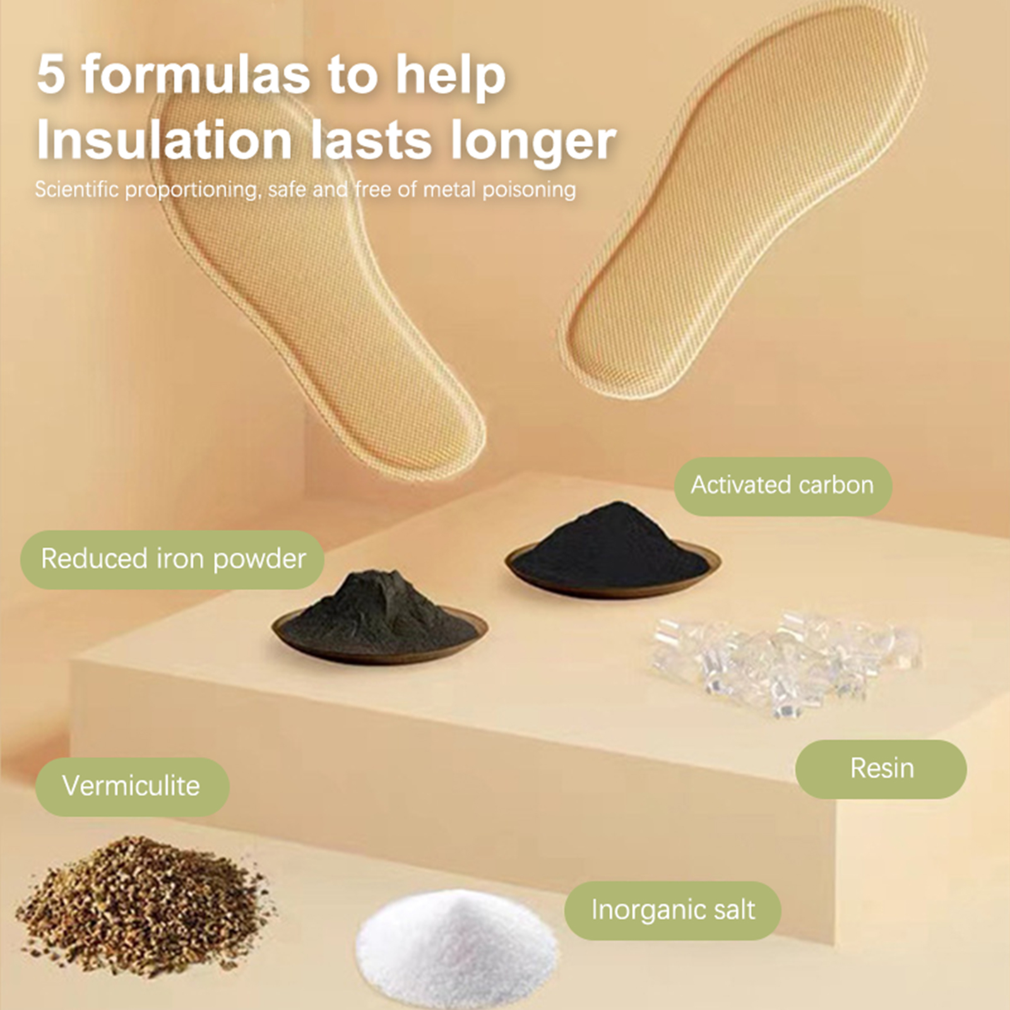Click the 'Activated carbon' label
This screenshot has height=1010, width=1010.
[783, 485]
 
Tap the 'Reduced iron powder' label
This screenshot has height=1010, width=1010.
[172, 559]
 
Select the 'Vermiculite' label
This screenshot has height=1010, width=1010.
[131, 786]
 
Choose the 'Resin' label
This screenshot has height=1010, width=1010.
[881, 769]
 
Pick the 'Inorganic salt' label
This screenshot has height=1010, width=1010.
[673, 910]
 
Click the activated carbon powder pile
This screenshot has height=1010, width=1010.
[612, 546]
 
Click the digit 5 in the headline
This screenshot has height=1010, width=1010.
[52, 74]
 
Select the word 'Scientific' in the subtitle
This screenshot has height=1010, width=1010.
[76, 189]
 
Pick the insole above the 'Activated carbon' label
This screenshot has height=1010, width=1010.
[742, 202]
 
